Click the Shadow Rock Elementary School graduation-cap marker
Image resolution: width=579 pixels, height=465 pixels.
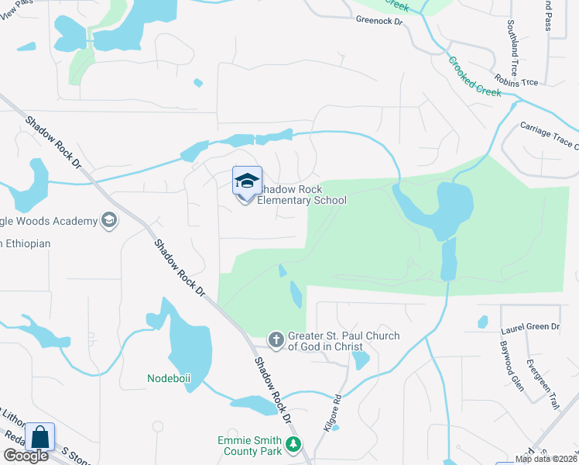click(247, 182)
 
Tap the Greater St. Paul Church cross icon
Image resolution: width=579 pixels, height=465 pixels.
click(276, 339)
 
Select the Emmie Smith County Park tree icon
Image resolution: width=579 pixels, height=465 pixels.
click(293, 445)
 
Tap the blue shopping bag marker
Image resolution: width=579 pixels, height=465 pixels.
click(39, 437)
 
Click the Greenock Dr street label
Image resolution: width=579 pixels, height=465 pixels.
click(379, 22)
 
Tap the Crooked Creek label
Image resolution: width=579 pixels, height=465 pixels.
click(475, 75)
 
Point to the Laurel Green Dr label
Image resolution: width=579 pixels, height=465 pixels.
click(530, 327)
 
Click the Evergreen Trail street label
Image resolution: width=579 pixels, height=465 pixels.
click(542, 384)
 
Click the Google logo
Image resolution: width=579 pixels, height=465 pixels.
click(25, 456)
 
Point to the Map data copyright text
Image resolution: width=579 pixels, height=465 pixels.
click(546, 459)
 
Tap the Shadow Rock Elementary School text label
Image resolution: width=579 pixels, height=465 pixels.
click(301, 195)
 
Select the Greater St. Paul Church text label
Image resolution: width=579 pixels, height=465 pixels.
click(344, 341)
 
